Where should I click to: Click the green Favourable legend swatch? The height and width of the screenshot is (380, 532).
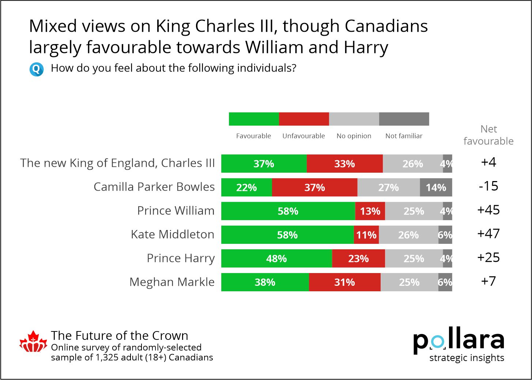254,119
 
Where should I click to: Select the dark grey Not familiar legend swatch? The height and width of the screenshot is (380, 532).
404,119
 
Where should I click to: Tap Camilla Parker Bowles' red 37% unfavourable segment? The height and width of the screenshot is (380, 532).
314,187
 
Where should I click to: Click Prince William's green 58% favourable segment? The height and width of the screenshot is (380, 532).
288,211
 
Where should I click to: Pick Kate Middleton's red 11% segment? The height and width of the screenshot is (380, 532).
366,235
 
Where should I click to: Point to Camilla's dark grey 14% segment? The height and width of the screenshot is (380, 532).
436,187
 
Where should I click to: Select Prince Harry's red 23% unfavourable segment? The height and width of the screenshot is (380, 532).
358,258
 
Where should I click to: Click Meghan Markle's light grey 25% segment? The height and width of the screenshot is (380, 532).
409,282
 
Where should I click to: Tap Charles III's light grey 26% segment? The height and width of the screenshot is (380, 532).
413,164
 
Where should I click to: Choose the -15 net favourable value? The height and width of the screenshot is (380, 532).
488,186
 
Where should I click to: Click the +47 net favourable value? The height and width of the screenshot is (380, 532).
488,234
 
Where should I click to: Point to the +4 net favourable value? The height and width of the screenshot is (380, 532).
488,162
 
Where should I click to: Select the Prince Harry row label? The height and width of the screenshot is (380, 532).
181,258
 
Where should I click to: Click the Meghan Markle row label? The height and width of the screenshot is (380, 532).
172,282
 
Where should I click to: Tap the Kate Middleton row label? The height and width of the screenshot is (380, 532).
173,234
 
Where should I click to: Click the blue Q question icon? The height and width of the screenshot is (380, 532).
37,69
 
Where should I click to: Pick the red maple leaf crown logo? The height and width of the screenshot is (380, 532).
33,342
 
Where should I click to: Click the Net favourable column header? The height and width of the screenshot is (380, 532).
488,135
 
